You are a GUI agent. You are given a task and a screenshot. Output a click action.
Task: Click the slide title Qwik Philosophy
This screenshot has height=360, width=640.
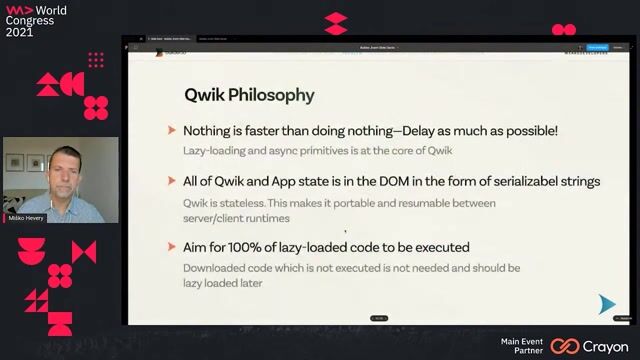(x=249, y=96)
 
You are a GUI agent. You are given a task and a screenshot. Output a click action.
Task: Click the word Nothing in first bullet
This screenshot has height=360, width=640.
(x=209, y=131)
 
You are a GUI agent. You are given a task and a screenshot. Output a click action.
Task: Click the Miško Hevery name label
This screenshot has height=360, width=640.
(x=27, y=217)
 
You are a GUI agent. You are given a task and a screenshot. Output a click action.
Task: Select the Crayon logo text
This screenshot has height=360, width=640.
(x=606, y=345)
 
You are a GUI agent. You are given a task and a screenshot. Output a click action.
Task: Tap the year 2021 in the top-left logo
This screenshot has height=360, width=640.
(x=19, y=31)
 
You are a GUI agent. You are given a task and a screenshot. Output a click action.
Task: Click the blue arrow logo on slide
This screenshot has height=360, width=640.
(x=606, y=304)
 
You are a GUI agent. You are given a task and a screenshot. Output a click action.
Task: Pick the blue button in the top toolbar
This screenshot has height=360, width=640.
(x=597, y=47)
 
